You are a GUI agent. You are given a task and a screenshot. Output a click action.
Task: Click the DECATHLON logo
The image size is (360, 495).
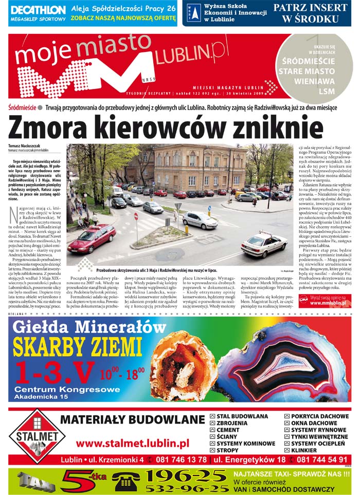click(x=38, y=10)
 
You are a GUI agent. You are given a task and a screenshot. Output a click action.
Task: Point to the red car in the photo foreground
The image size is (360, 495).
click(x=92, y=239)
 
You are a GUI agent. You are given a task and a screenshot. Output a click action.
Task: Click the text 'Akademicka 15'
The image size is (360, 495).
click(x=41, y=397)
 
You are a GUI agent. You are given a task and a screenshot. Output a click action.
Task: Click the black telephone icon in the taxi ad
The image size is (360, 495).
click(x=126, y=482)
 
